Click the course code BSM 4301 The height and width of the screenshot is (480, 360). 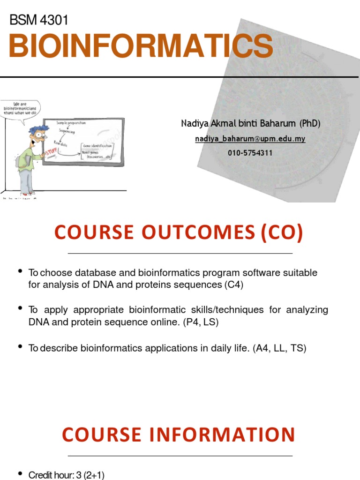coord(39,20)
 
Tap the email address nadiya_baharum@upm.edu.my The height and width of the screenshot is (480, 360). coord(250,139)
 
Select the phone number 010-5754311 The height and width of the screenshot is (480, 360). coord(250,153)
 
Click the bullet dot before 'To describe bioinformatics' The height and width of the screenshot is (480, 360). coord(20,347)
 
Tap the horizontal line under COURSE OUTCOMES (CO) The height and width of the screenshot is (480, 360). coord(180,253)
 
